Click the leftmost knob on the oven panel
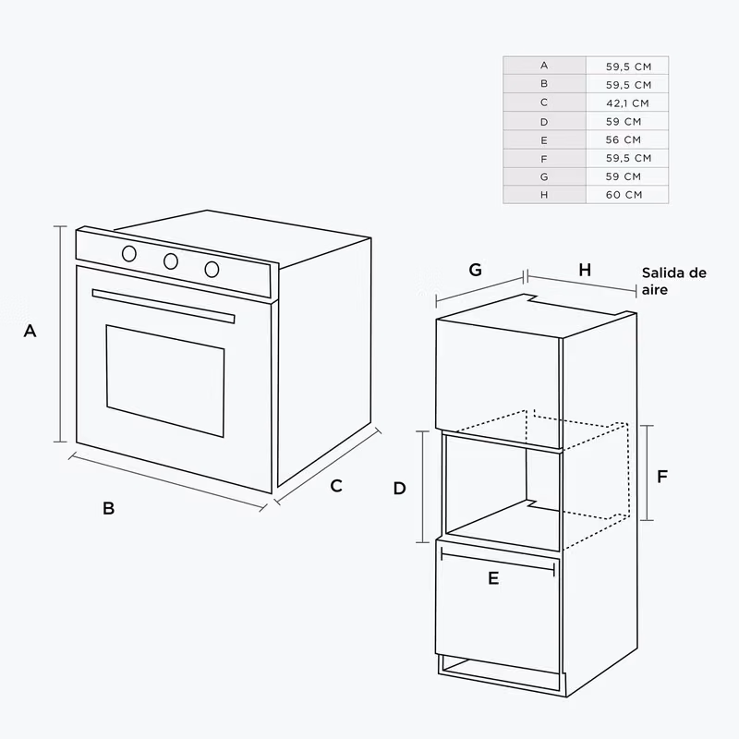tap(129, 253)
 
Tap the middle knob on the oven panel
tap(171, 261)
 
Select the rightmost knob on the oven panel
tap(212, 269)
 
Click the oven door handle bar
tap(164, 306)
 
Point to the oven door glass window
tap(165, 381)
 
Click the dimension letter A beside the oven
tap(30, 331)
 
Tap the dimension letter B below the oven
tap(108, 508)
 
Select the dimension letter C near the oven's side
tap(336, 486)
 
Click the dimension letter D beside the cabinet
tap(400, 489)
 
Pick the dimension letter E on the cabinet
tap(493, 578)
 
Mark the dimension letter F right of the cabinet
tap(662, 477)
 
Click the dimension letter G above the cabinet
tap(475, 270)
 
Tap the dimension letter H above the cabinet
tap(585, 270)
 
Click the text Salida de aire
tap(674, 281)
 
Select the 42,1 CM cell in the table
tap(627, 103)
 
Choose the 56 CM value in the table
tap(624, 140)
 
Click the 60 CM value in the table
tap(624, 195)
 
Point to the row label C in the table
tap(544, 103)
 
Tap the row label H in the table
tap(544, 195)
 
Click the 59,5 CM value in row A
tap(629, 67)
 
